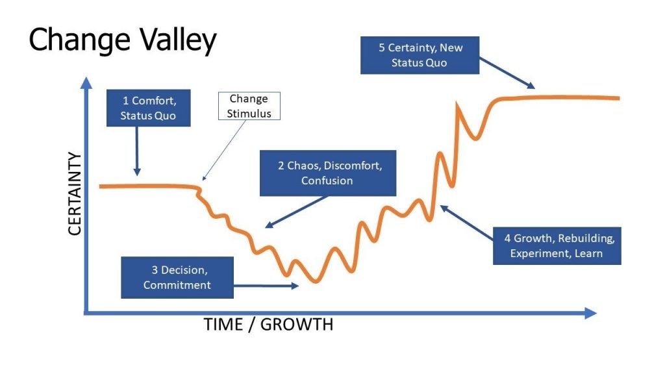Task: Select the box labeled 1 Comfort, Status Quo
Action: [x=149, y=108]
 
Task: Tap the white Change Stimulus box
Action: [x=249, y=106]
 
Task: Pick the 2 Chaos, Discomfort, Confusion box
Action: [x=328, y=173]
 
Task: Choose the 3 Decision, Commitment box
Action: [x=177, y=277]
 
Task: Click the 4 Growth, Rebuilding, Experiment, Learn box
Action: [x=557, y=246]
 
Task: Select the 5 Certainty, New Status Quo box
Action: [x=420, y=55]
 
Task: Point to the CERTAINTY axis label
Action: [x=74, y=193]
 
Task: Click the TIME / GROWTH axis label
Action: [x=268, y=325]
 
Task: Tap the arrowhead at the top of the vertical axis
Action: [x=86, y=82]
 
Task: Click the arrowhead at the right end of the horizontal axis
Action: [x=591, y=314]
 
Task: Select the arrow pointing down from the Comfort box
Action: [x=136, y=151]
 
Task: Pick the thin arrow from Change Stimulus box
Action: [x=224, y=150]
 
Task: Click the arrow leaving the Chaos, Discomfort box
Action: [x=296, y=212]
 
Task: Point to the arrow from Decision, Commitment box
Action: [x=266, y=286]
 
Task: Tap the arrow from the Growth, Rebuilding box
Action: [x=466, y=223]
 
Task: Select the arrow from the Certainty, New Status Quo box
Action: [x=507, y=73]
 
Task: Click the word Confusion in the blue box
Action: [x=327, y=181]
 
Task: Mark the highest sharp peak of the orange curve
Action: [x=457, y=103]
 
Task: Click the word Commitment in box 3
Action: [x=177, y=285]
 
